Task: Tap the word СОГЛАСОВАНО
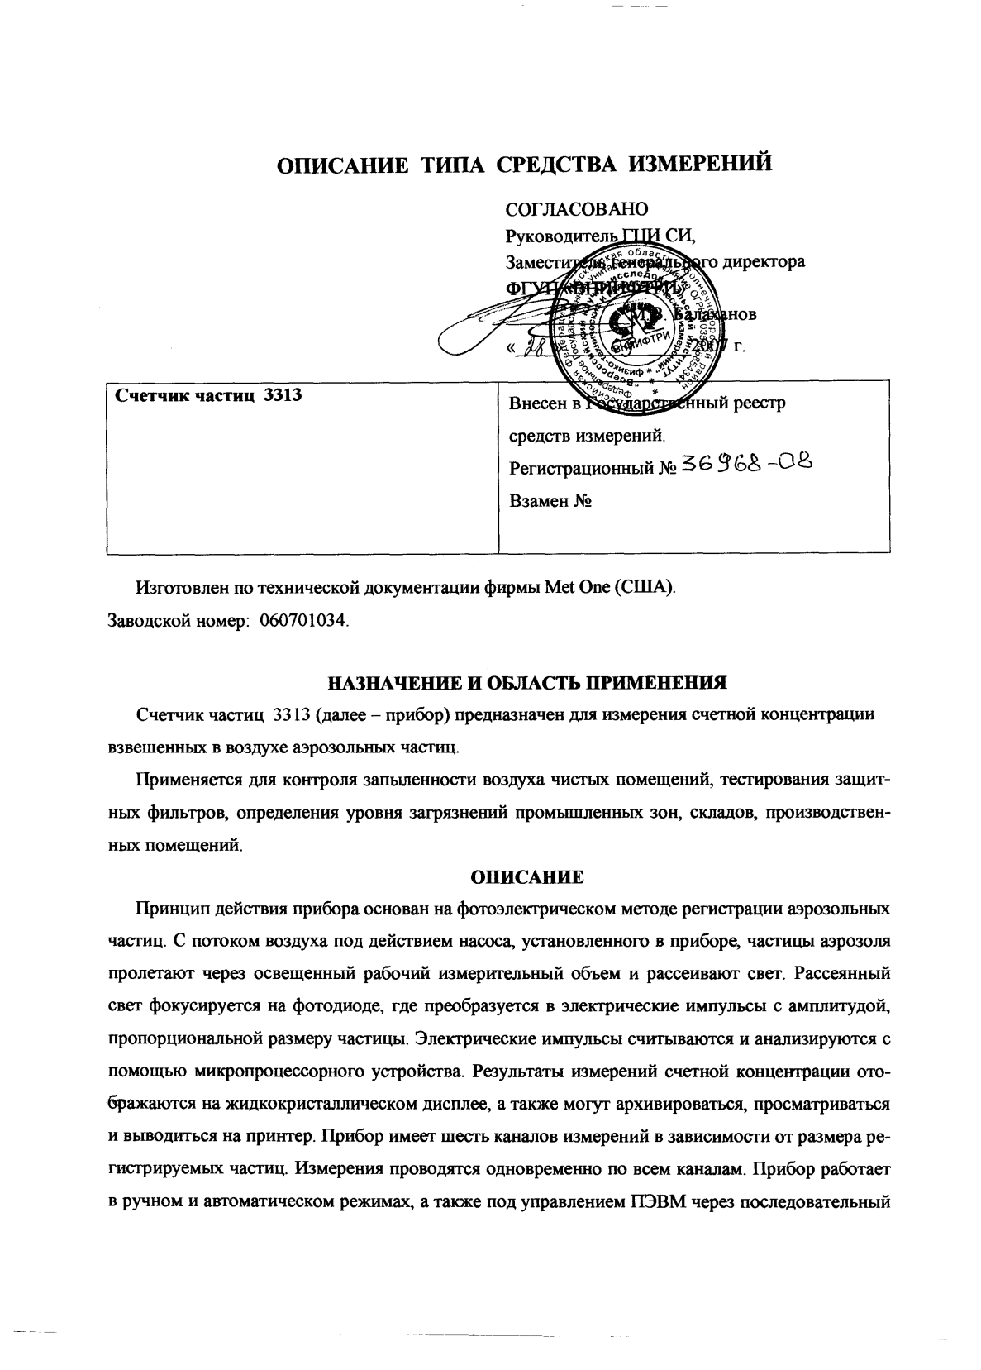(576, 210)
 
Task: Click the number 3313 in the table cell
(282, 395)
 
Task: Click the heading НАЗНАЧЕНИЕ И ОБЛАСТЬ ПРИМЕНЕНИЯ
(527, 683)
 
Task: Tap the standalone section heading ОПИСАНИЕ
(527, 876)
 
